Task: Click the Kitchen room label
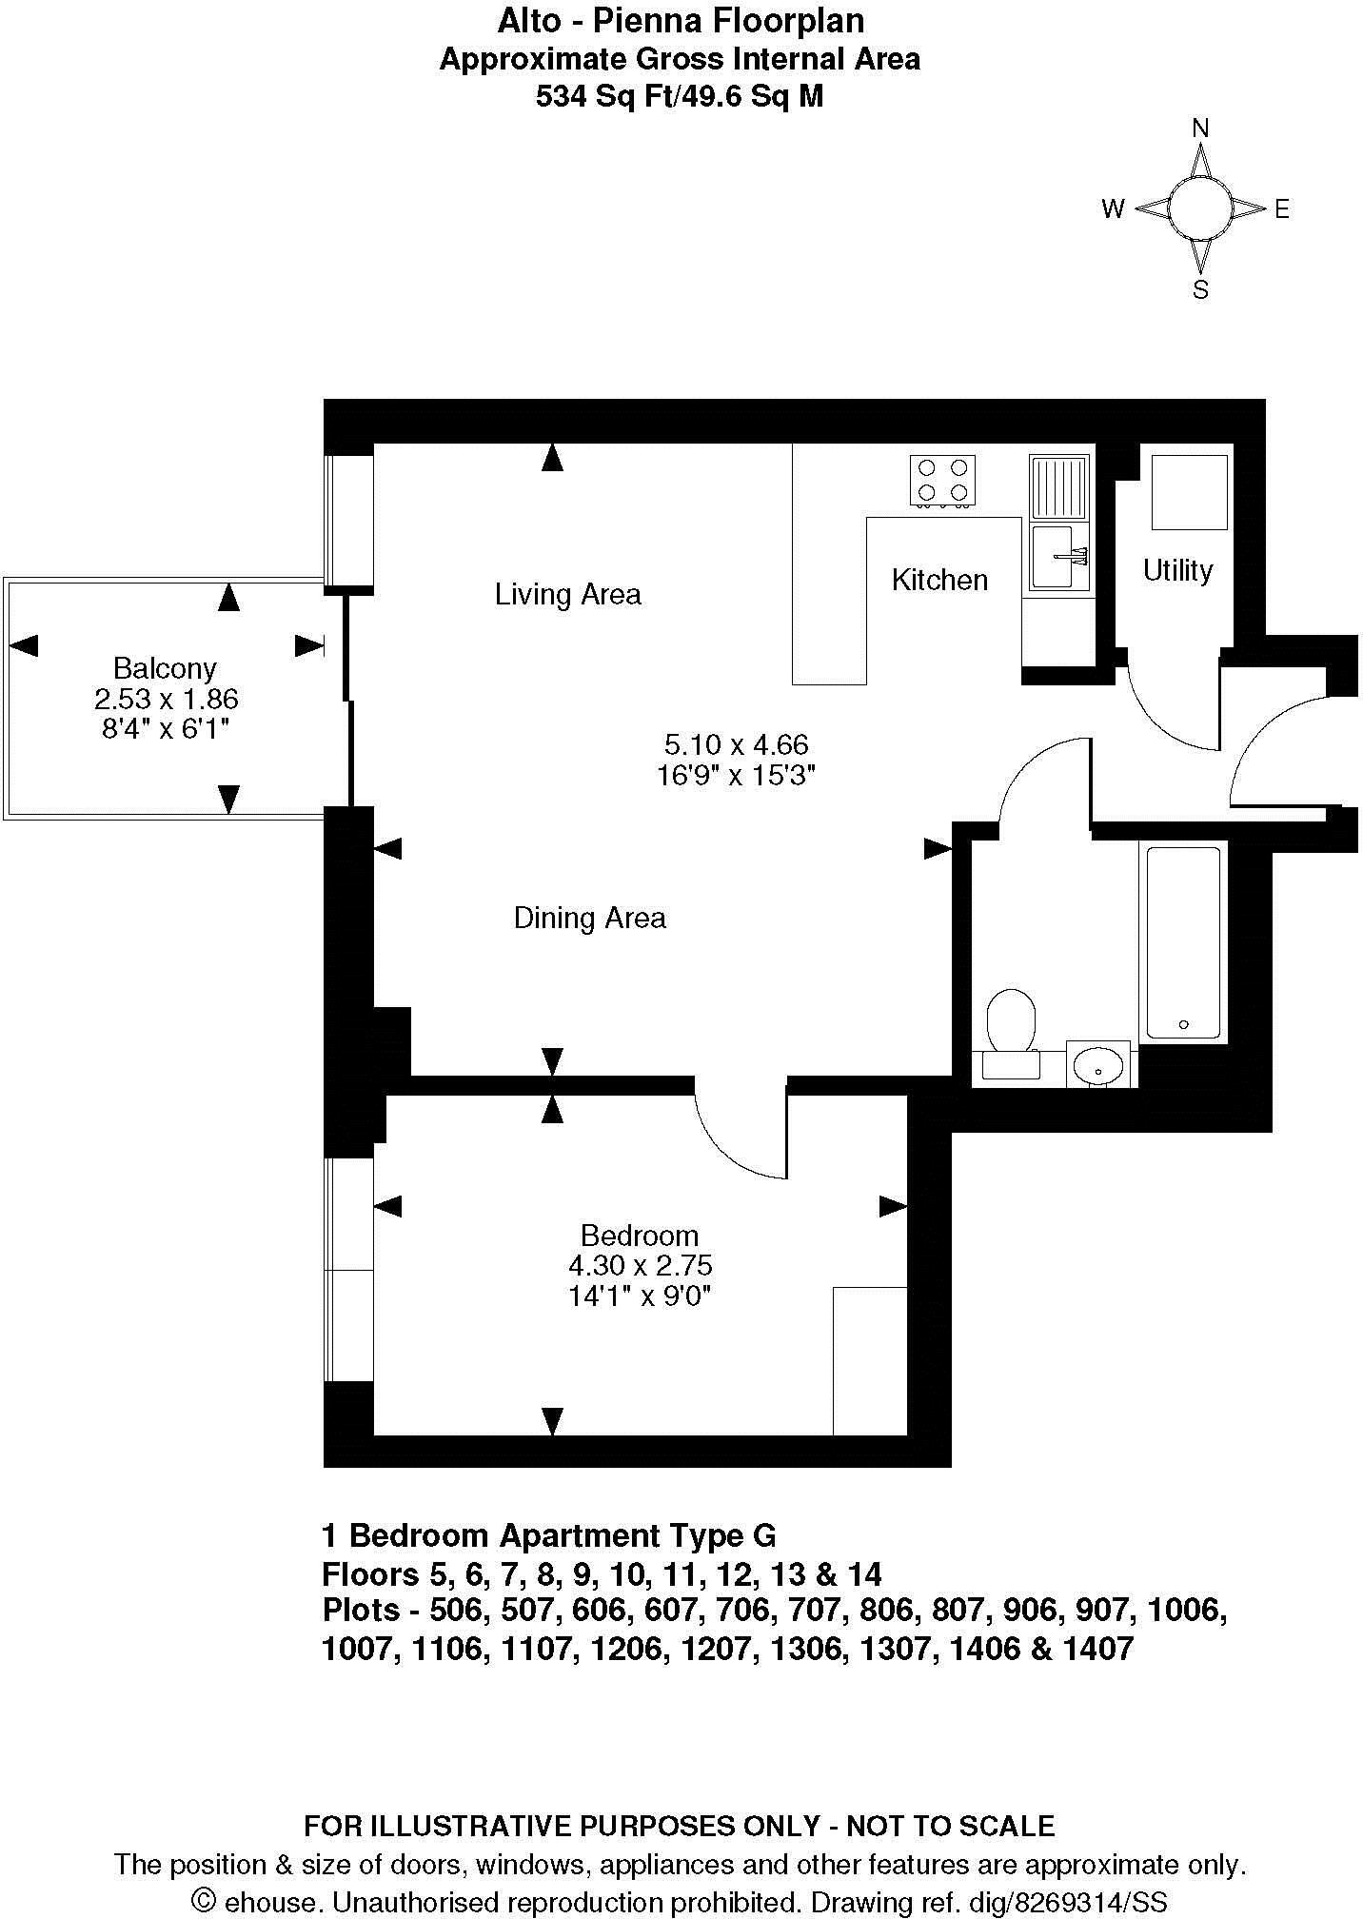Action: pyautogui.click(x=939, y=580)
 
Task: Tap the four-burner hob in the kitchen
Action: pyautogui.click(x=942, y=480)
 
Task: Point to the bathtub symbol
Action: pyautogui.click(x=1183, y=941)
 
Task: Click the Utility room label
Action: pyautogui.click(x=1177, y=570)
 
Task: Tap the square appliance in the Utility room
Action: pyautogui.click(x=1189, y=492)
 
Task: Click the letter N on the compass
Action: pyautogui.click(x=1201, y=129)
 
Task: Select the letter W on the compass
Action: pyautogui.click(x=1113, y=209)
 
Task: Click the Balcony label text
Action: pyautogui.click(x=165, y=667)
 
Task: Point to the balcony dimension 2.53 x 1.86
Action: pyautogui.click(x=166, y=699)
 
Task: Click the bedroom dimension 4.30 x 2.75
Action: pyautogui.click(x=640, y=1265)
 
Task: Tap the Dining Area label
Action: pyautogui.click(x=589, y=918)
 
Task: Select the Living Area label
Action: pyautogui.click(x=567, y=594)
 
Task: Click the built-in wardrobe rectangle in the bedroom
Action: pyautogui.click(x=869, y=1360)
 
